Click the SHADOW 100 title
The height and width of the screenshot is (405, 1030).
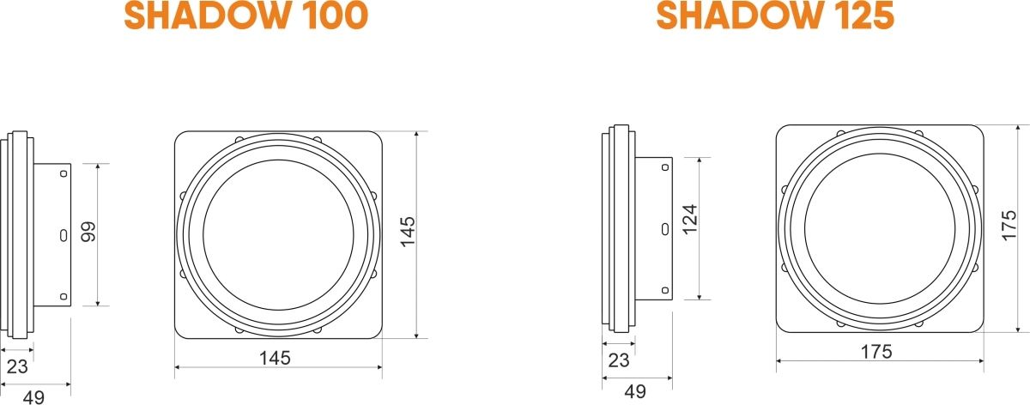pyautogui.click(x=246, y=16)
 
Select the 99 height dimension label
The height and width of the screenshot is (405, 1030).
pyautogui.click(x=88, y=233)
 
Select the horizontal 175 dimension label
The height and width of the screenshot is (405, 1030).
pyautogui.click(x=876, y=351)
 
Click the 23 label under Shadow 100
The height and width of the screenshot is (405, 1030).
pyautogui.click(x=17, y=366)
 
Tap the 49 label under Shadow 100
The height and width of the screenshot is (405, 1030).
pyautogui.click(x=33, y=396)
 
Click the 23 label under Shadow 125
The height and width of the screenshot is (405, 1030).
pyautogui.click(x=618, y=361)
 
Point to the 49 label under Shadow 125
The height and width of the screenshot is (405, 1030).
pyautogui.click(x=635, y=391)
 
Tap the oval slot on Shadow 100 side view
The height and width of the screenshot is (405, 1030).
pyautogui.click(x=64, y=234)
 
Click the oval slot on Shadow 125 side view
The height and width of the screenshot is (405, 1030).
pyautogui.click(x=664, y=228)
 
